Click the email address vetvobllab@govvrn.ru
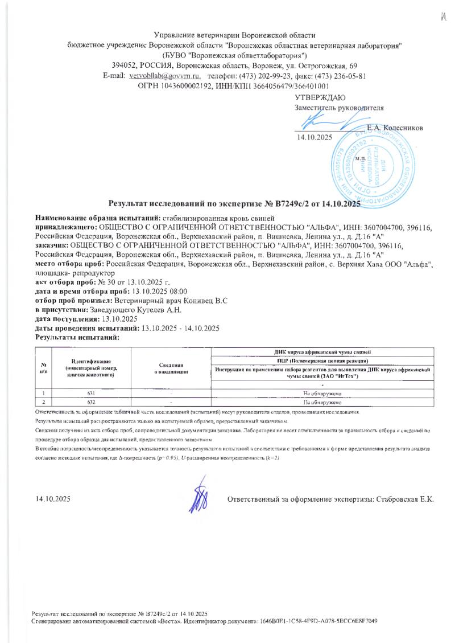(x=165, y=75)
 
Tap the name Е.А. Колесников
(x=395, y=128)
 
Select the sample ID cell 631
(x=91, y=393)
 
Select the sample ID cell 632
(x=91, y=402)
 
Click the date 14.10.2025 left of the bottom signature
(x=52, y=499)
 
